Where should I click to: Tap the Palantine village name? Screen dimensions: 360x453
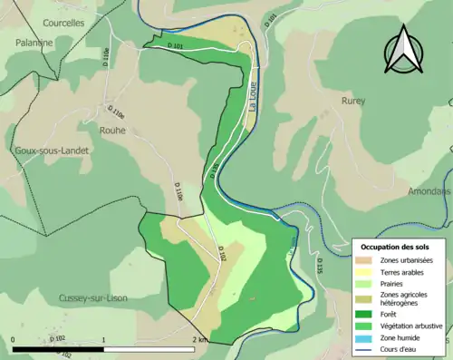28,43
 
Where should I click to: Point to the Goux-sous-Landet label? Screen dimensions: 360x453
48,151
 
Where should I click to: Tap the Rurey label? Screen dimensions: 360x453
353,101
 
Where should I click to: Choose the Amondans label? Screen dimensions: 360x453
429,192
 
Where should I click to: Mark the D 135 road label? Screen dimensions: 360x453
319,266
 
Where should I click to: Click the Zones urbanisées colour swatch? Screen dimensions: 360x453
366,260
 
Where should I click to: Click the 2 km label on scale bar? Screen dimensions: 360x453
200,339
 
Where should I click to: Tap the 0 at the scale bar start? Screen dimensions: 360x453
13,339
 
